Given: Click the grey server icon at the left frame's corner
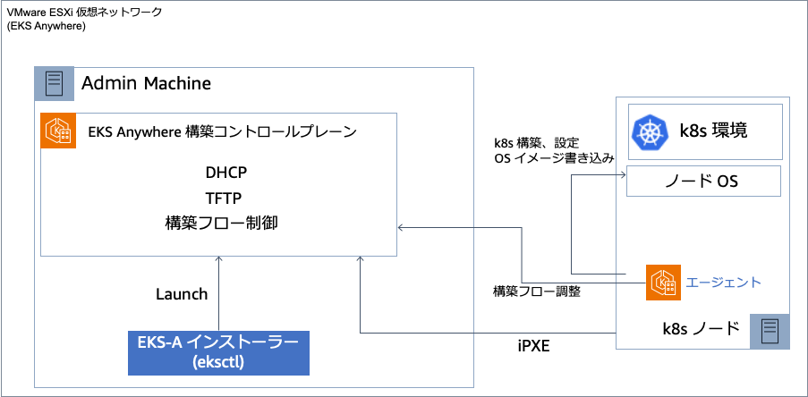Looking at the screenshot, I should tap(54, 84).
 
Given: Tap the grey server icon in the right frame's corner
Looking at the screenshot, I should tap(770, 331).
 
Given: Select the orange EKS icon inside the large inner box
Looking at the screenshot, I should tap(59, 131).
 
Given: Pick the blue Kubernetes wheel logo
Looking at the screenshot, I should tap(650, 132).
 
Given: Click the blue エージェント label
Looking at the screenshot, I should tap(723, 283).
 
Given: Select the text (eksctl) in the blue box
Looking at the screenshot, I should tap(218, 362).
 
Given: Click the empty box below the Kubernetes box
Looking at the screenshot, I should tap(703, 181).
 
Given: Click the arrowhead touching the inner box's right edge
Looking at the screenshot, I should tap(401, 228).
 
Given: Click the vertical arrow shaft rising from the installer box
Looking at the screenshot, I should tap(218, 295).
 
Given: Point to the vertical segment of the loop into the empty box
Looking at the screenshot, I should tap(571, 224).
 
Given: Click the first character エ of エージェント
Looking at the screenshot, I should tap(691, 283).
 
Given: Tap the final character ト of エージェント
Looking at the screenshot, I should tap(755, 283).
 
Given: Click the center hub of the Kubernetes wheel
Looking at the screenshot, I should tap(650, 133).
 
